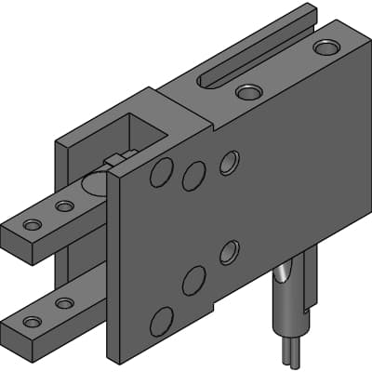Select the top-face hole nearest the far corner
pos(326,46)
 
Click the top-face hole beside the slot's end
pos(248,92)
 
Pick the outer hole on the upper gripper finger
pos(33,225)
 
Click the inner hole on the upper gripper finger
pos(64,206)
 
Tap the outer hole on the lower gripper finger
pos(33,322)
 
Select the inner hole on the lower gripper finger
pos(64,302)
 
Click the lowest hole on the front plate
pos(162,321)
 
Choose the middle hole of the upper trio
pos(194,176)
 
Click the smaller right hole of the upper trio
pos(228,163)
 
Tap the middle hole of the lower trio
pos(194,279)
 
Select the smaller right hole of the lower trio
pos(228,251)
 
